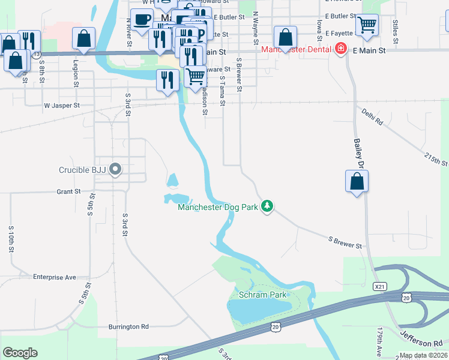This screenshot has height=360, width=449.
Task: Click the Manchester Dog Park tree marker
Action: point(267,207)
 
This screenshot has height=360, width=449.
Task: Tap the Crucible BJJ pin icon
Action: point(116,170)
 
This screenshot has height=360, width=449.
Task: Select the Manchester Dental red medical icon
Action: point(341,49)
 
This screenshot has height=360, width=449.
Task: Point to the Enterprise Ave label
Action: point(55,277)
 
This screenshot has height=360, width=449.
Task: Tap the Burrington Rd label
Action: point(128,327)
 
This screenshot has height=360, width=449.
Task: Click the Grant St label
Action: point(68,192)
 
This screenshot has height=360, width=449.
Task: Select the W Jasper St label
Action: point(62,106)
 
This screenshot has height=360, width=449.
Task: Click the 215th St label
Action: point(436,159)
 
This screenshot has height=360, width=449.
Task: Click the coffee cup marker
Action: point(142,20)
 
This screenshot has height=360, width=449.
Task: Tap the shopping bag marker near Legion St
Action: point(83,38)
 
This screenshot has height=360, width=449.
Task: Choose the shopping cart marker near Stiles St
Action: point(367,25)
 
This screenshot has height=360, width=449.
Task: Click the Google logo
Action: point(20,353)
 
